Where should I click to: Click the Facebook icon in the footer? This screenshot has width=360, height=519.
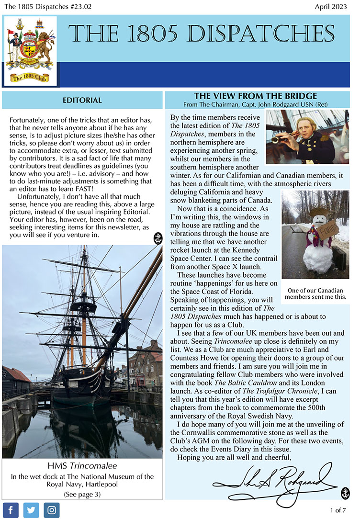11,510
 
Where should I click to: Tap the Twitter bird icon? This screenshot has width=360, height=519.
31,510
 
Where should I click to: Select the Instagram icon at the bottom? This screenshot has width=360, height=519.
52,510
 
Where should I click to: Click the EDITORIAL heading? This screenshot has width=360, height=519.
82,100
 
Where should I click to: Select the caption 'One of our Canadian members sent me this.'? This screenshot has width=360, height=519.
315,293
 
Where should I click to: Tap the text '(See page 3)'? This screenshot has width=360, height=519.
82,494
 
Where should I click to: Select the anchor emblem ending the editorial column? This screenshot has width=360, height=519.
157,238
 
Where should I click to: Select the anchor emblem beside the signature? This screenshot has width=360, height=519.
345,493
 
